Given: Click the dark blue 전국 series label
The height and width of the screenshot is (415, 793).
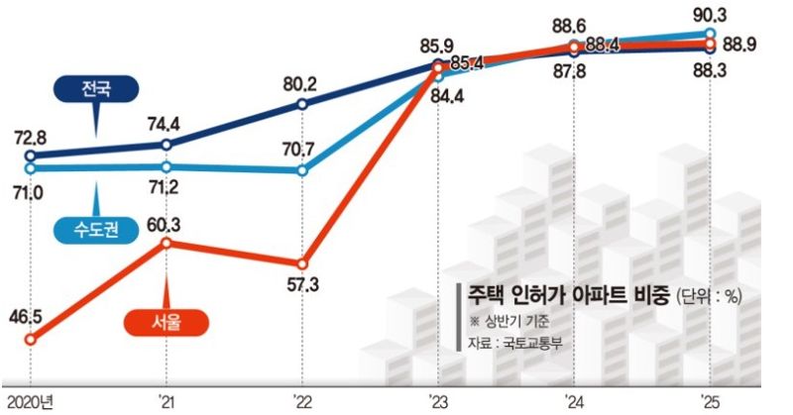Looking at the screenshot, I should click(95, 88).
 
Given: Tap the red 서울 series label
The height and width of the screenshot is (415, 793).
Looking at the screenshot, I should click(168, 322).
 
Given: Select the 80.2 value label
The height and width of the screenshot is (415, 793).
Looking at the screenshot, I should click(302, 83).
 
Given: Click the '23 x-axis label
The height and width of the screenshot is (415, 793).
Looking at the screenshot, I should click(437, 401).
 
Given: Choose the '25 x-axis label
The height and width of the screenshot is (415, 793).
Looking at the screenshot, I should click(708, 401).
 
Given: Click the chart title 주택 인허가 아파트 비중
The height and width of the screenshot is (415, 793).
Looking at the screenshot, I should click(565, 296).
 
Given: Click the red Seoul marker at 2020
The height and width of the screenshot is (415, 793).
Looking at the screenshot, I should click(30, 340).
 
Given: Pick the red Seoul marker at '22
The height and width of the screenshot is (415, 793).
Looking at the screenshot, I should click(302, 264).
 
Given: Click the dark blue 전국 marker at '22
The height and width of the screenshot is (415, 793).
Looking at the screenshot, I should click(302, 103).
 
